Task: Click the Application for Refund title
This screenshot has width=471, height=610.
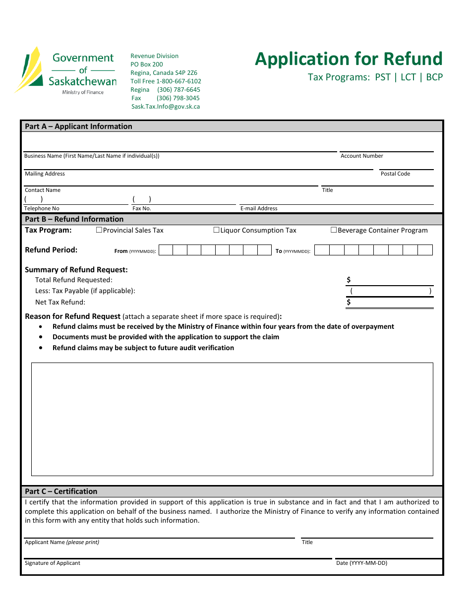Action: click(x=349, y=59)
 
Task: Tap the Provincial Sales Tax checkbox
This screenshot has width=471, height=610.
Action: click(x=99, y=230)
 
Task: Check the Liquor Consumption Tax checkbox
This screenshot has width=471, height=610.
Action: click(x=216, y=230)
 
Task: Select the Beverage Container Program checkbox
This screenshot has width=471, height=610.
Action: click(x=334, y=230)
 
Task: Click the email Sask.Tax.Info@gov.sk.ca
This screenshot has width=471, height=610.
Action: click(x=166, y=107)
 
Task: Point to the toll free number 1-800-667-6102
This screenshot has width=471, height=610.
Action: click(x=179, y=81)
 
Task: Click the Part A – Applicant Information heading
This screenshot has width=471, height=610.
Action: click(x=79, y=126)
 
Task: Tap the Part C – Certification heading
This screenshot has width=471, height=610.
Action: click(x=61, y=491)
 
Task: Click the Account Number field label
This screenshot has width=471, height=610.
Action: click(x=362, y=156)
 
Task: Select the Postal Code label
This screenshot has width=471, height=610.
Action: click(x=395, y=174)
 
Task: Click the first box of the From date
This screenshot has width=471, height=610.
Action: click(x=166, y=250)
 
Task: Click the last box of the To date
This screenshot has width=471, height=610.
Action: click(x=425, y=250)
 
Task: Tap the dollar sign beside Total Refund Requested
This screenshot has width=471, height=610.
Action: click(x=349, y=280)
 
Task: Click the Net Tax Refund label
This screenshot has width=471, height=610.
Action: click(x=60, y=303)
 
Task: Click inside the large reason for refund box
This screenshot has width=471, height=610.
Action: click(x=232, y=419)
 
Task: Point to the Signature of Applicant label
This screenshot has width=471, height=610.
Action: click(x=53, y=563)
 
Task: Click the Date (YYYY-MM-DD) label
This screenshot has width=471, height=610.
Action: click(x=361, y=563)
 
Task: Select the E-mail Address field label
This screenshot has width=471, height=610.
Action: click(x=259, y=209)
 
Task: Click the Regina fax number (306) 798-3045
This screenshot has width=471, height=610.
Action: click(x=178, y=98)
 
